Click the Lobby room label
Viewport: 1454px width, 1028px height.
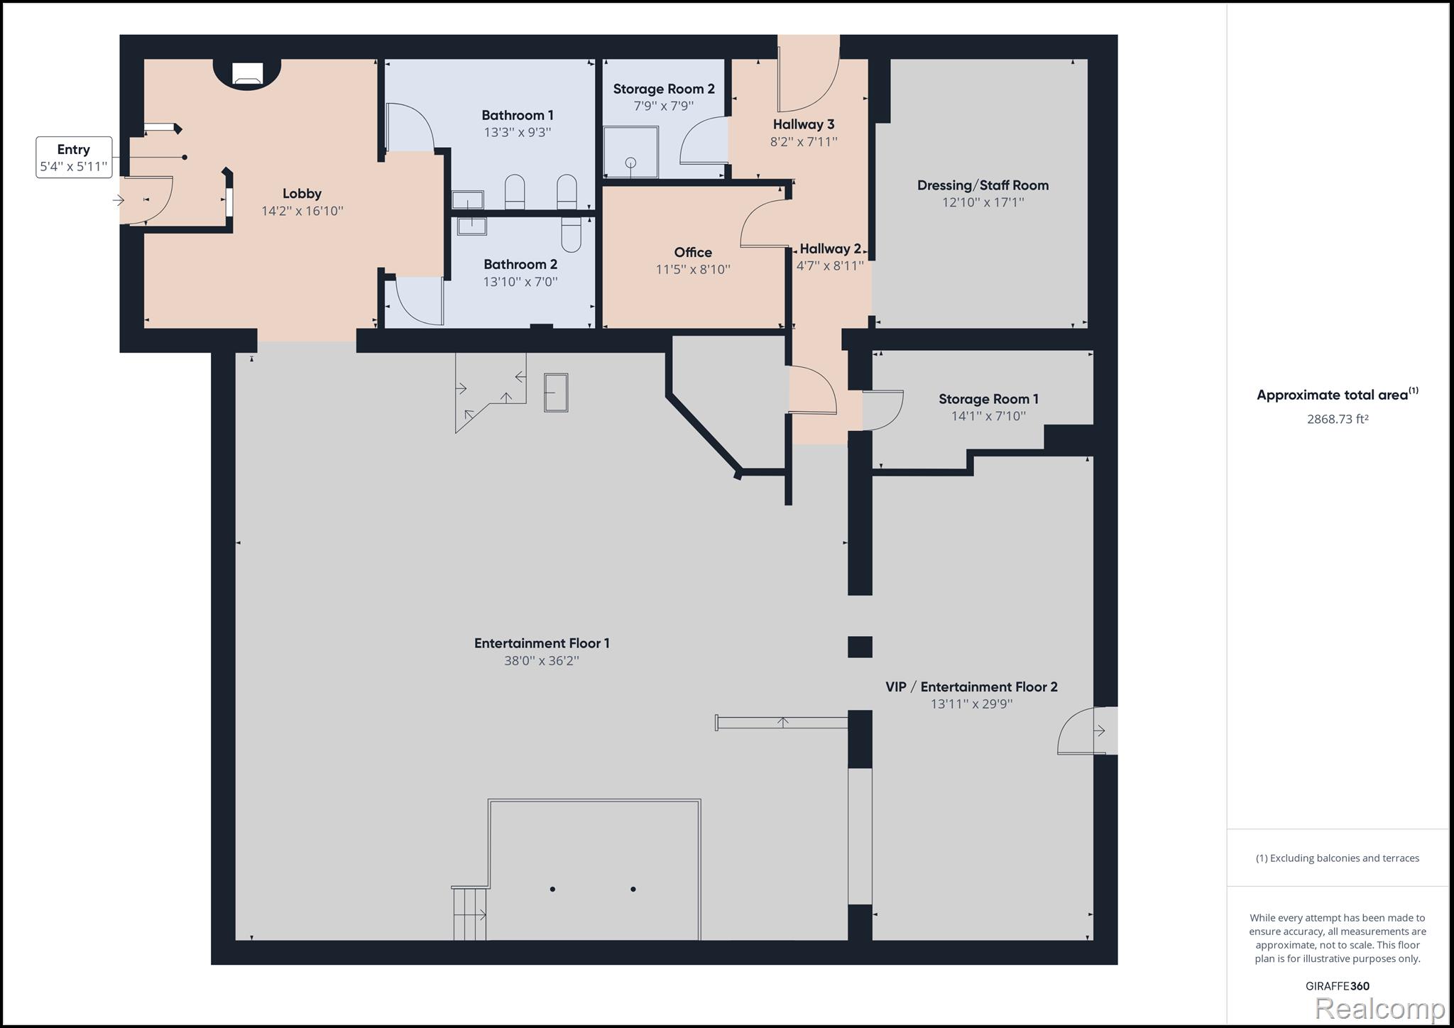point(302,193)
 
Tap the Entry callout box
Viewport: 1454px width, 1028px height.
point(74,158)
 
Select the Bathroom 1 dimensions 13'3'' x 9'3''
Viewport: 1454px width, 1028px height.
point(518,132)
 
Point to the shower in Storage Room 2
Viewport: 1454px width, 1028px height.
point(630,152)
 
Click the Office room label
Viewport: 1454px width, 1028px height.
point(693,252)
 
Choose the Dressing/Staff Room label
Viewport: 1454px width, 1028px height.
point(983,185)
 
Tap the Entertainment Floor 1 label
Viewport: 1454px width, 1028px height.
point(542,643)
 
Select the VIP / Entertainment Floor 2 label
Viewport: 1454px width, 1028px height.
point(971,687)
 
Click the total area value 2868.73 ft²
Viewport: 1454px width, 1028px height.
point(1338,419)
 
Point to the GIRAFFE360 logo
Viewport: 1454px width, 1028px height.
point(1338,986)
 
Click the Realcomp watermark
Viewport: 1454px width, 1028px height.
point(1379,1008)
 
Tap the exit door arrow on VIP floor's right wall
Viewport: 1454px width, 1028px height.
point(1100,731)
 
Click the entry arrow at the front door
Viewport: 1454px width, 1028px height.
point(119,201)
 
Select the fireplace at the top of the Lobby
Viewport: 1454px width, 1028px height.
point(247,74)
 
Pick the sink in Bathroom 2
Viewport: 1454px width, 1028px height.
point(471,226)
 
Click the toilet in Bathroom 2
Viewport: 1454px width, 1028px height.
point(571,234)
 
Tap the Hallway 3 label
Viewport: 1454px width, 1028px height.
point(804,124)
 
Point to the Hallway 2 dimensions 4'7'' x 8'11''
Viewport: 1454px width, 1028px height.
point(830,266)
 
